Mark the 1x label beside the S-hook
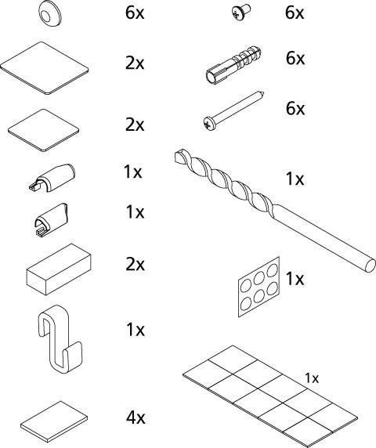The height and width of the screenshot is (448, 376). pos(136,330)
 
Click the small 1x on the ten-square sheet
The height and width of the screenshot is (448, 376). pos(311,378)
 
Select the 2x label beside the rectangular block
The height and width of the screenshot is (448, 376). pos(136,264)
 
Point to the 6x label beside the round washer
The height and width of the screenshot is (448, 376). pos(136,13)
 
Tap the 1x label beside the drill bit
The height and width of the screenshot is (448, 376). pos(295,179)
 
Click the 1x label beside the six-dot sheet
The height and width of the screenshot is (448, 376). pos(295,279)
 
